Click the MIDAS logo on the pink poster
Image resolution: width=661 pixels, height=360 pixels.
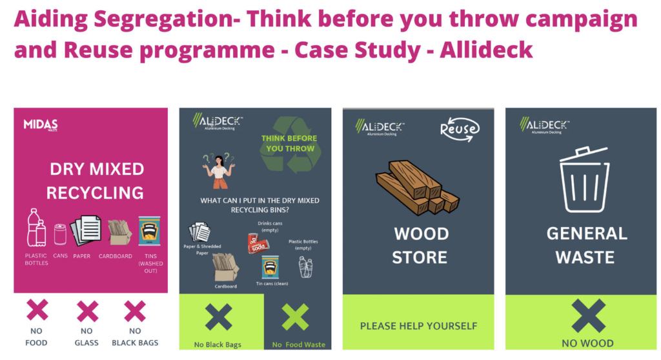coord(40,125)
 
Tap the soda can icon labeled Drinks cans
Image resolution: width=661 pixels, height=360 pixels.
coord(258,243)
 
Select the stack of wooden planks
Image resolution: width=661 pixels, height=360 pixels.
coord(416,186)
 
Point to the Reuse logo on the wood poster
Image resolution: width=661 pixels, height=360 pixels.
coord(459,128)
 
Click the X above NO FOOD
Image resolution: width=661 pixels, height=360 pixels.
coord(37,312)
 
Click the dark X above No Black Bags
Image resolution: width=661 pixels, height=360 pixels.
coord(218,317)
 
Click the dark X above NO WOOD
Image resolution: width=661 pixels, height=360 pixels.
coord(588,315)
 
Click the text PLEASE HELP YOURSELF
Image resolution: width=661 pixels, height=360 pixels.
coord(418,326)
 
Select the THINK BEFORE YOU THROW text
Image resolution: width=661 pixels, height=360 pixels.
coord(289,143)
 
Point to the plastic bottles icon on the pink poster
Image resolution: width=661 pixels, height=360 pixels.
coord(36,228)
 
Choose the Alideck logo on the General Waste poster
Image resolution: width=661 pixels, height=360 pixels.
coord(544,125)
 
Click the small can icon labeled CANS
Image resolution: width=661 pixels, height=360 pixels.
coord(60,234)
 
